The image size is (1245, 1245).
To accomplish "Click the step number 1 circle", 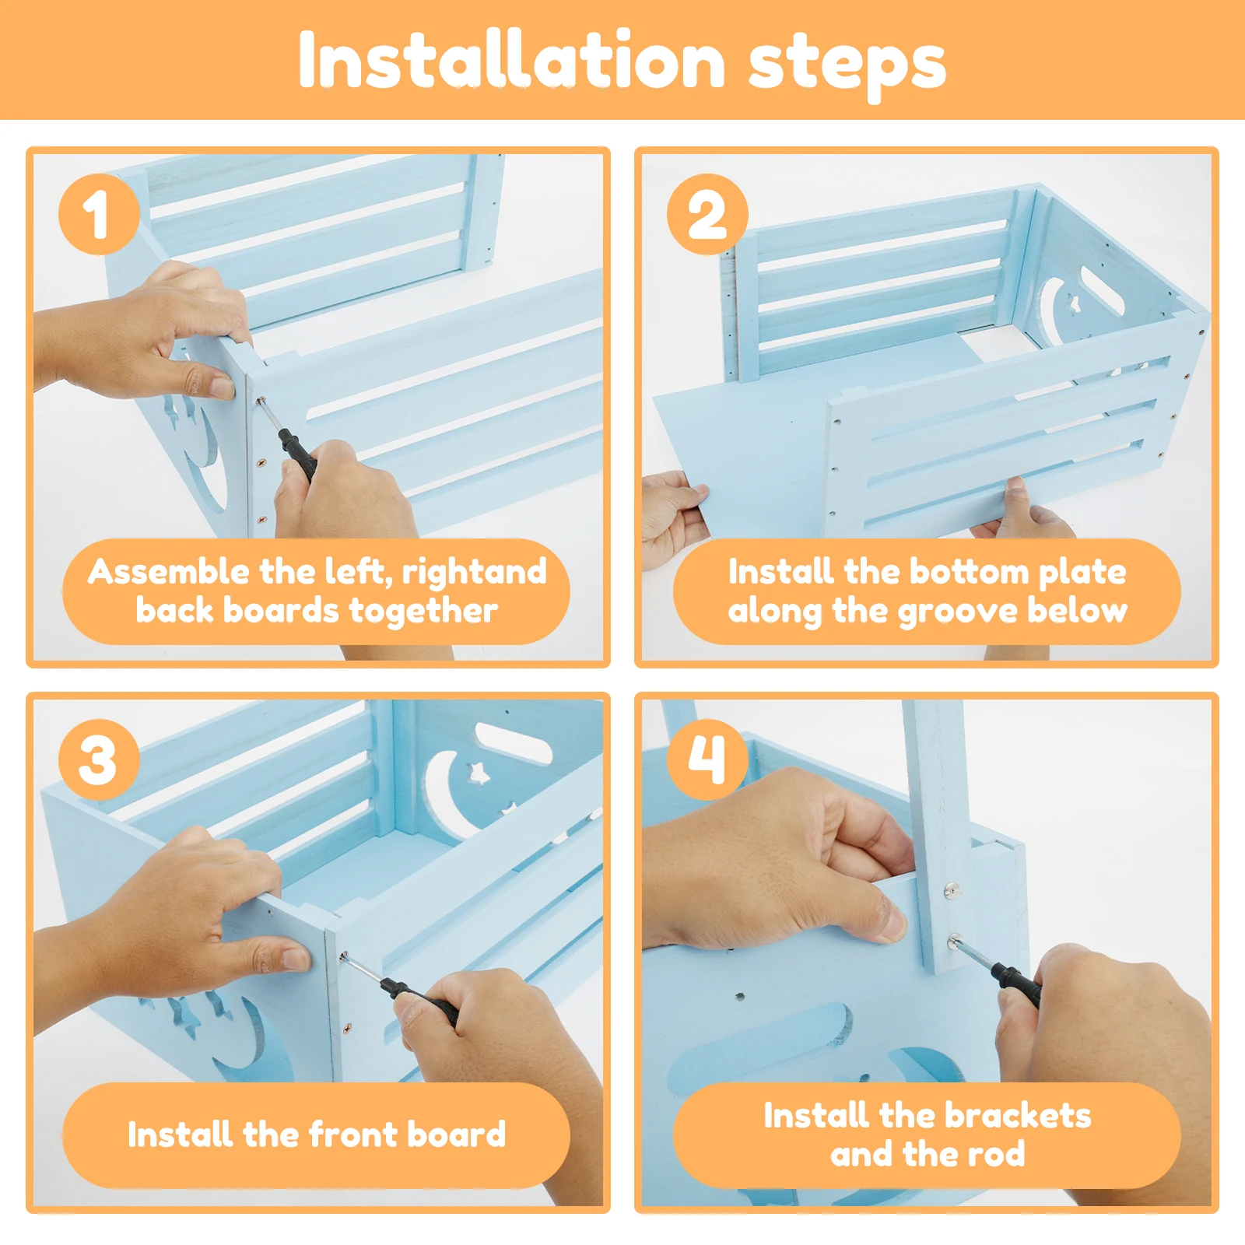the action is tap(99, 214).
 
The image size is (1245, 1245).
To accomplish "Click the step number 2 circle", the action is tap(707, 214).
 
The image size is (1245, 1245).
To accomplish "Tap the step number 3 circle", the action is tap(99, 759).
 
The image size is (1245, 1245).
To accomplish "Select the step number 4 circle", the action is tap(707, 759).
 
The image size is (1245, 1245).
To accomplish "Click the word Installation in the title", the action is tap(512, 61).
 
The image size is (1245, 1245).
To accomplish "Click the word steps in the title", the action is tap(847, 64).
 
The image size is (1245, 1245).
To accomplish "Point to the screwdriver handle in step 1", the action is tap(298, 454).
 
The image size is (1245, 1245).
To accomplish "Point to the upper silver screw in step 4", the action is tap(951, 889).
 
